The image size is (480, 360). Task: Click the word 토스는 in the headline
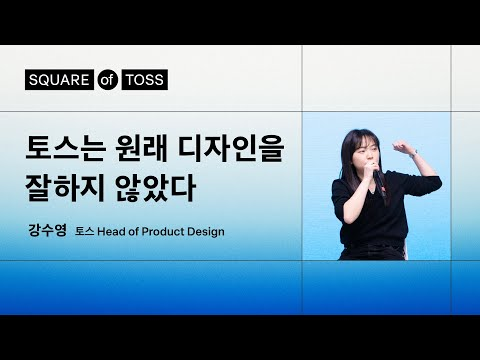click(67, 150)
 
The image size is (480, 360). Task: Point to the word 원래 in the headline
click(144, 150)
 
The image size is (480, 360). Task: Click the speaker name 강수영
click(47, 231)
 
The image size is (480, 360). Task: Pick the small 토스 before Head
click(84, 232)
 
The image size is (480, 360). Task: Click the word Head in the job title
click(114, 232)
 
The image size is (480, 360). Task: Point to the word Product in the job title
click(167, 232)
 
